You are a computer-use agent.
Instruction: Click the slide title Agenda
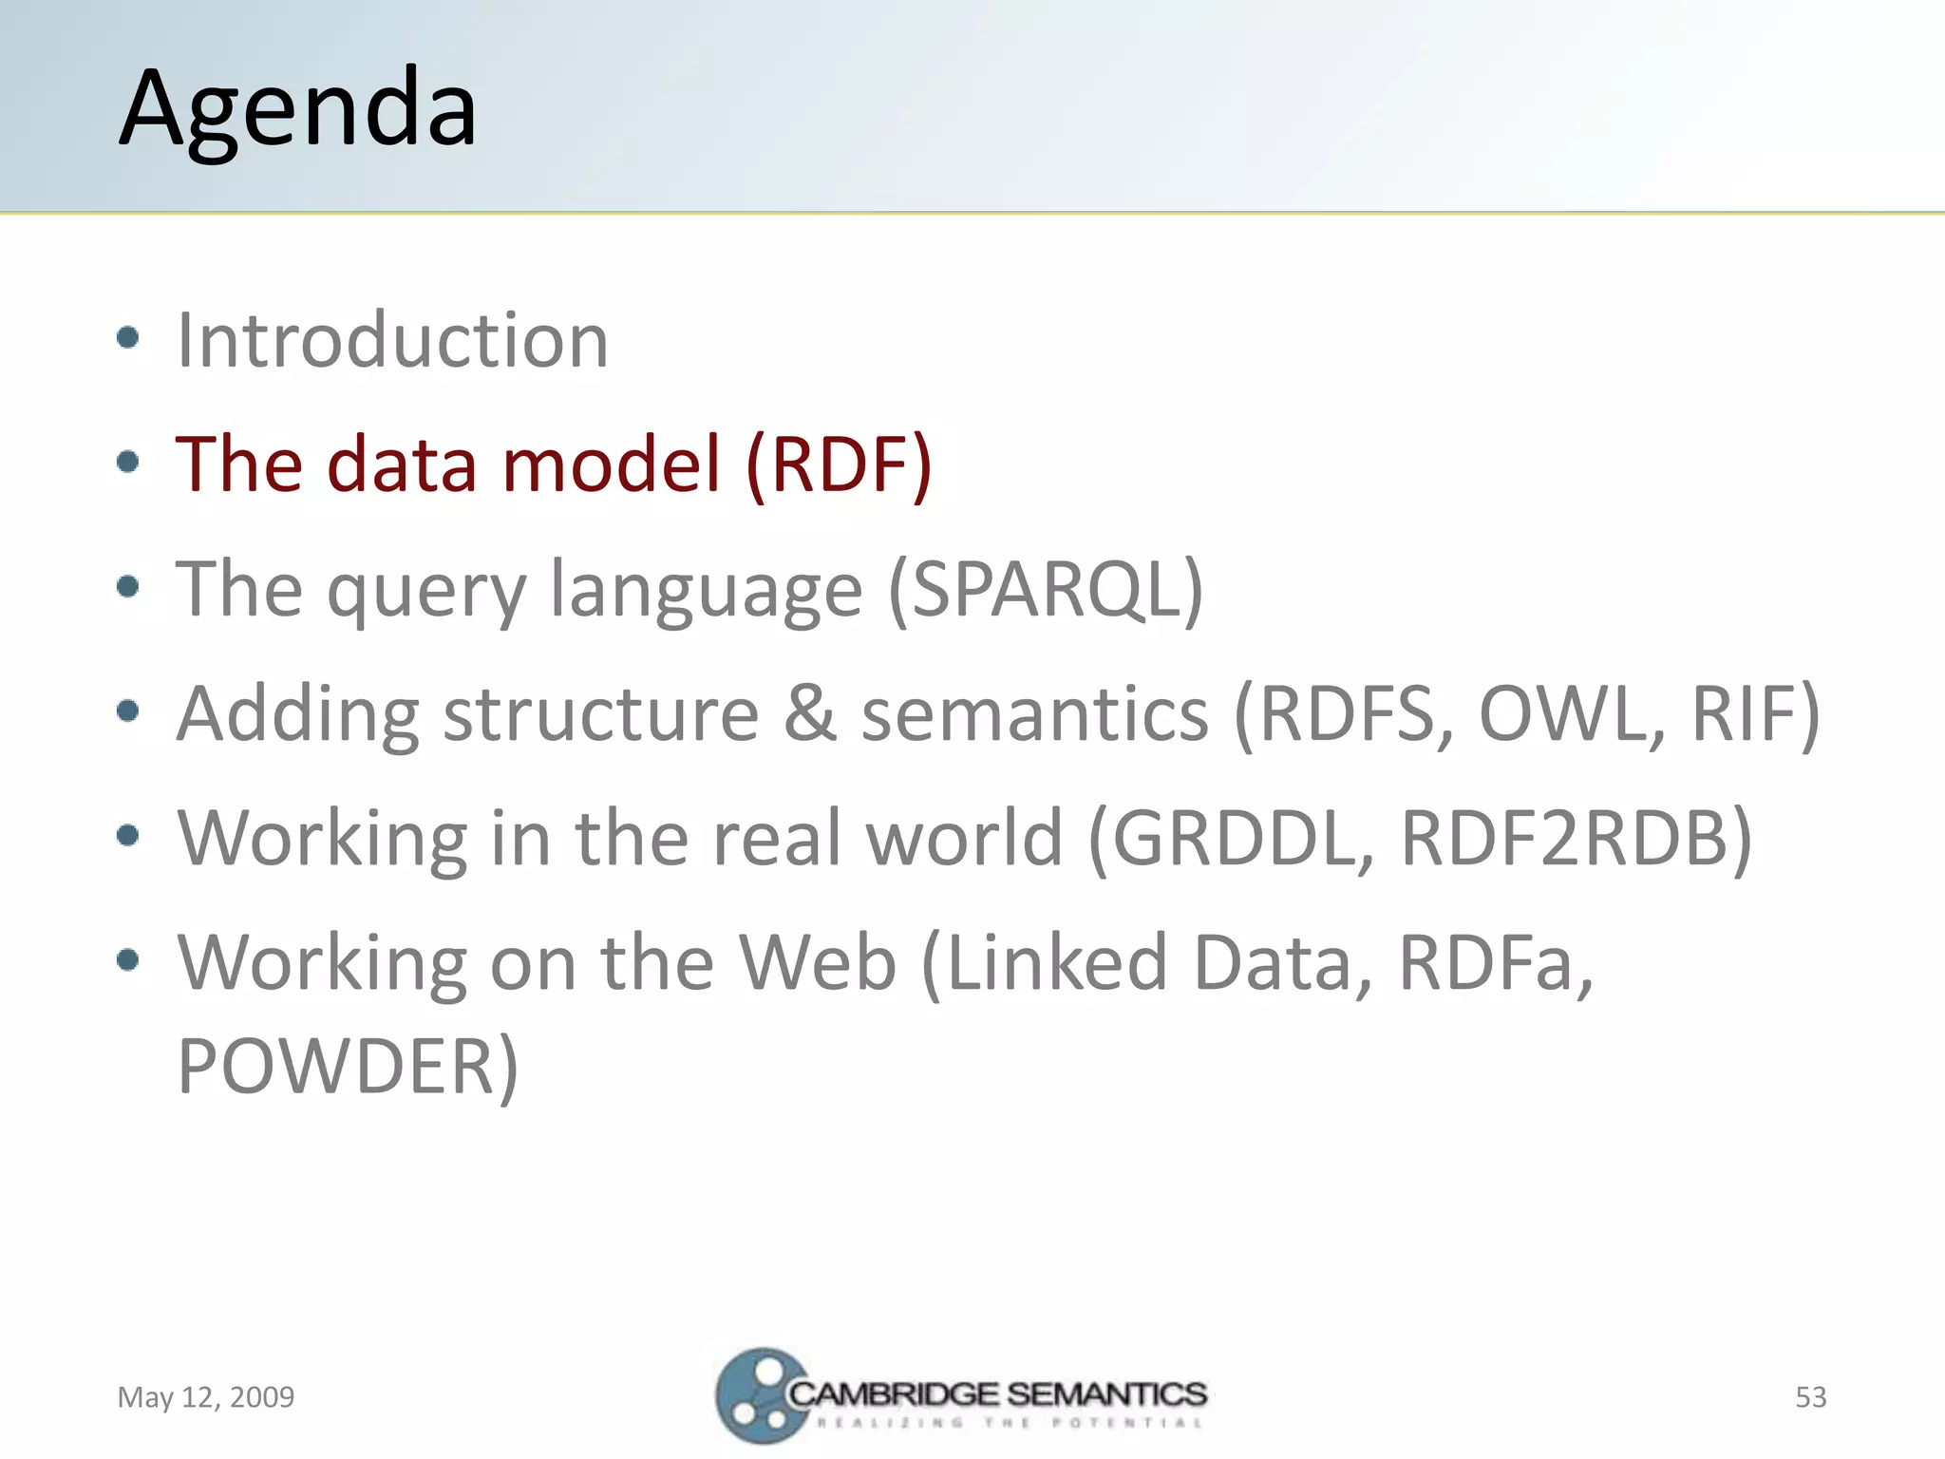(298, 109)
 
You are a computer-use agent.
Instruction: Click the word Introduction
(392, 340)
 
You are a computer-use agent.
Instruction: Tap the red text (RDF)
(839, 464)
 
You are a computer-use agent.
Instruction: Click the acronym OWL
(1572, 713)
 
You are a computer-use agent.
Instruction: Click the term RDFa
(1494, 962)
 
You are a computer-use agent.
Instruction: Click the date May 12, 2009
(206, 1397)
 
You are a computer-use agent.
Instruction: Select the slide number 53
(1810, 1397)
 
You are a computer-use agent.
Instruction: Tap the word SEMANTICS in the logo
(1106, 1394)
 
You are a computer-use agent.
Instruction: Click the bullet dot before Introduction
(128, 338)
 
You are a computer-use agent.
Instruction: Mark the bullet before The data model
(128, 463)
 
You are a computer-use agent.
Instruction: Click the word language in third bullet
(707, 589)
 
